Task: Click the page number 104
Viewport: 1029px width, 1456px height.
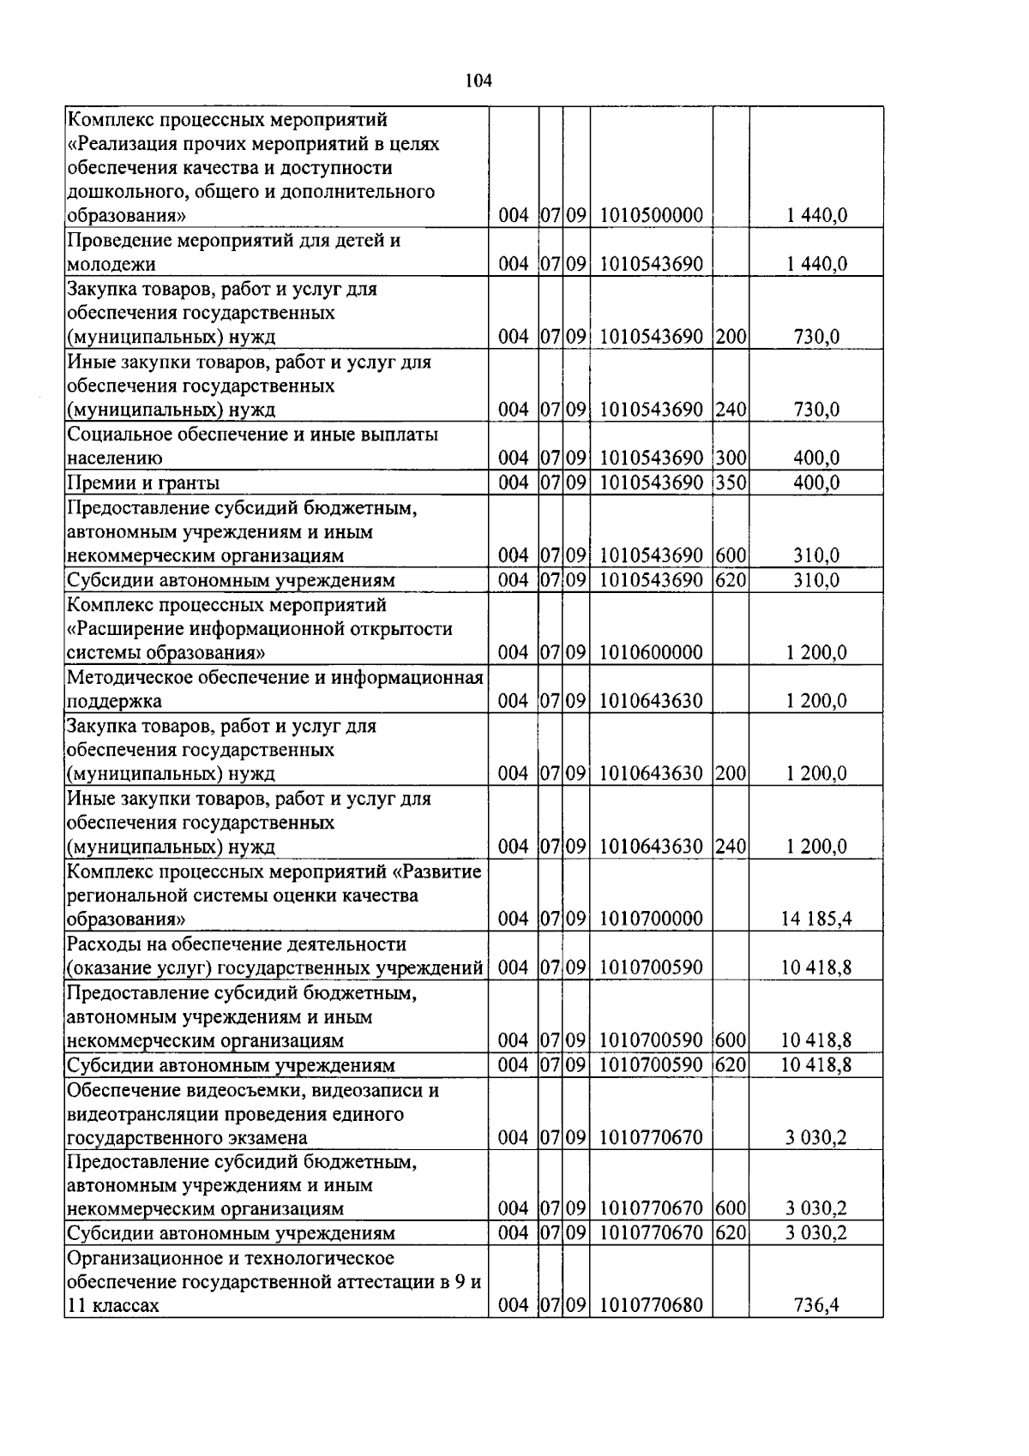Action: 478,81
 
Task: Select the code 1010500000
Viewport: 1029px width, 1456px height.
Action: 651,216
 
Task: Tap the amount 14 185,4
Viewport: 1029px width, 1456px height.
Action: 815,920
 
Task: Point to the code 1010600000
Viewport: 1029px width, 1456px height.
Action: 651,653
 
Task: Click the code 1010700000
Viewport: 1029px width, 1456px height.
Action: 651,920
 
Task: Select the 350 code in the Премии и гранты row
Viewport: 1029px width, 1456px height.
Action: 731,482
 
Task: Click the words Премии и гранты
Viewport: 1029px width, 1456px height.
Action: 142,483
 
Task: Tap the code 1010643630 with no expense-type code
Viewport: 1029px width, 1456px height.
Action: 651,702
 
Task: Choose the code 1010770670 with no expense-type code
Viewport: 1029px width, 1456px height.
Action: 651,1138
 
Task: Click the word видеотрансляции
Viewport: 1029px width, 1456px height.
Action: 141,1115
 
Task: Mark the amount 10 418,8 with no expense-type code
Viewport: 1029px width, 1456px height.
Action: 815,968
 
